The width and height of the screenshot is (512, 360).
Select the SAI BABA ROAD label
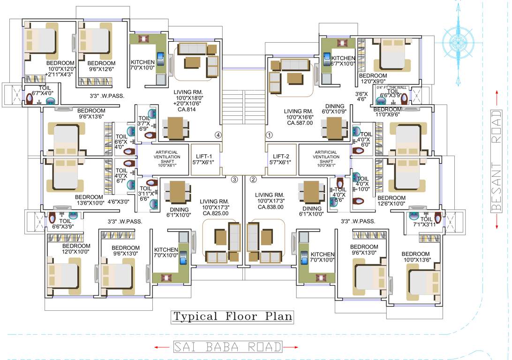tap(228, 347)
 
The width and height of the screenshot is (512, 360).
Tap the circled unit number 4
tap(218, 135)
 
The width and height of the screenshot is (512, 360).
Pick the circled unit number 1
tap(269, 135)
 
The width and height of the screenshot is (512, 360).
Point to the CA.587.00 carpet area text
tap(300, 123)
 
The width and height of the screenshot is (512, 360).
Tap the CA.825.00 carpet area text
tap(216, 213)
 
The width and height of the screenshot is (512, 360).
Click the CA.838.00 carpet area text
tap(270, 207)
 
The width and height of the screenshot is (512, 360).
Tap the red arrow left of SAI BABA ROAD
tap(162, 347)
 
